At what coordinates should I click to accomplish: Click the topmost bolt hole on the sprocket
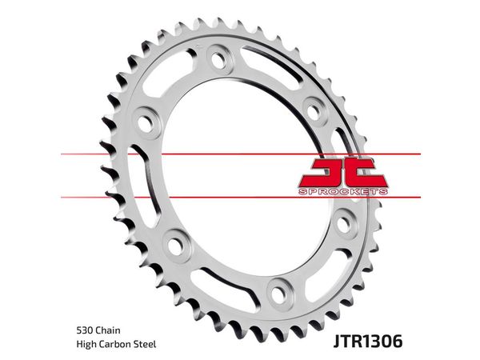coord(218,59)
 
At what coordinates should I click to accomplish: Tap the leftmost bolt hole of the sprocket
coord(145,123)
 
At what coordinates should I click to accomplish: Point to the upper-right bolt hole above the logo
coord(313,111)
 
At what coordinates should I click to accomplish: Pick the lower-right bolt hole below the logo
coord(343,224)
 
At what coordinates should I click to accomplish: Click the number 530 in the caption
coord(85,330)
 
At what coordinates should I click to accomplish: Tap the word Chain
coord(108,330)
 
